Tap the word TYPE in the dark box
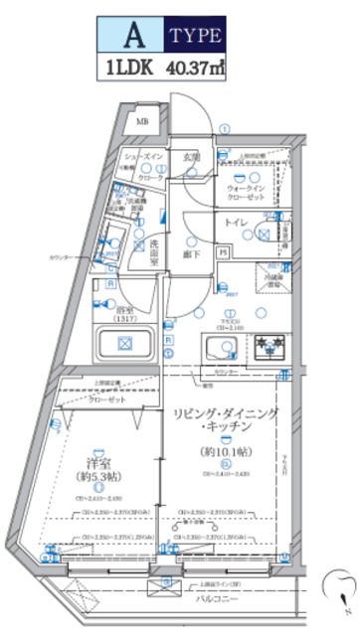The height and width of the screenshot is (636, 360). tap(195, 37)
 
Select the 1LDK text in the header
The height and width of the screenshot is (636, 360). tap(126, 70)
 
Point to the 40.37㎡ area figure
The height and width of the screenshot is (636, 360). tap(195, 70)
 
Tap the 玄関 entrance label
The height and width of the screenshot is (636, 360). tap(191, 156)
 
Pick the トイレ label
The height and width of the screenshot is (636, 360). tap(235, 224)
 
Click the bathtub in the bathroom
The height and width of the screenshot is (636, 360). tap(124, 345)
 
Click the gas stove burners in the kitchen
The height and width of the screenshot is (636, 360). tap(267, 349)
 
